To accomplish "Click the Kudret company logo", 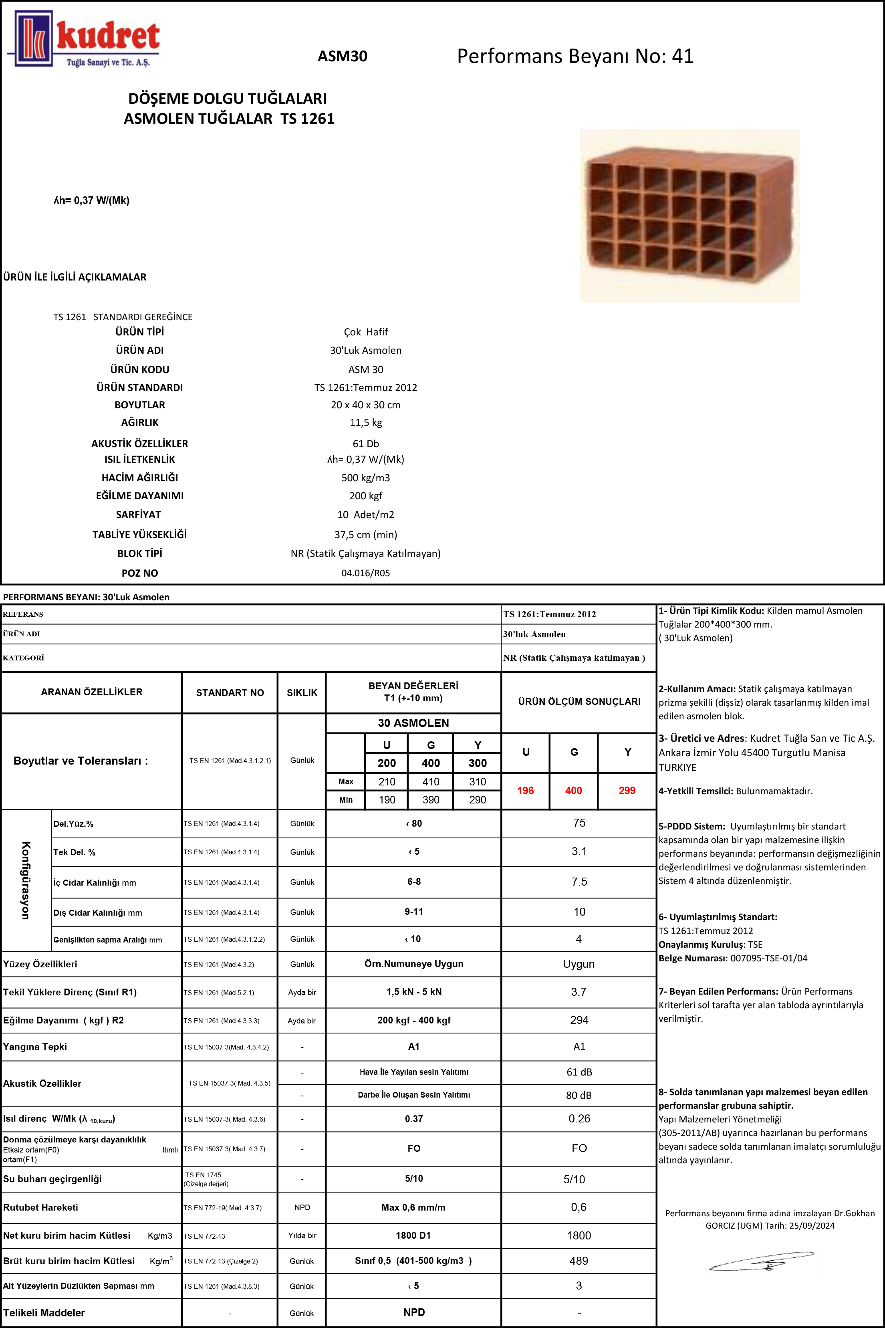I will click(84, 40).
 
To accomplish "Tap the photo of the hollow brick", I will click(690, 216).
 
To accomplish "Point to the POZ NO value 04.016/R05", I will click(366, 573).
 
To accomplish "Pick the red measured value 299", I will click(627, 791).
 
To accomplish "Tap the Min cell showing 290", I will click(478, 800).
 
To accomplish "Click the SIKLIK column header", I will click(302, 692).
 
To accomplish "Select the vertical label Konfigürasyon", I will click(25, 880).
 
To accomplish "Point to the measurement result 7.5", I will click(579, 882).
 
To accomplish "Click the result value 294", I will click(579, 1020).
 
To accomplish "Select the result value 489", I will click(579, 1261).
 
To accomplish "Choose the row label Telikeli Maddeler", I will click(44, 1313).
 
